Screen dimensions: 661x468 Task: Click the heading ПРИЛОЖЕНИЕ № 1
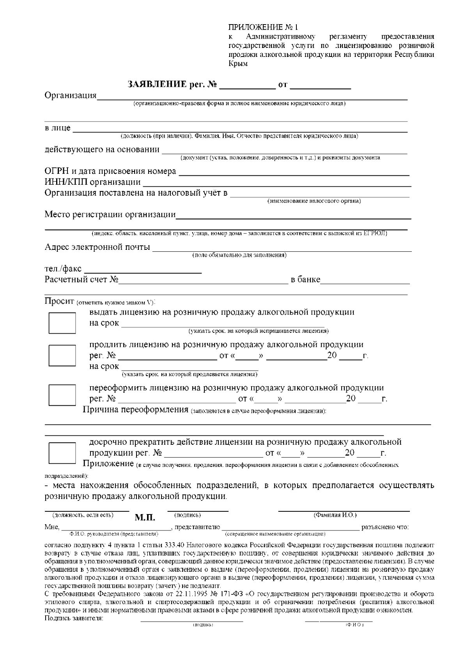point(262,27)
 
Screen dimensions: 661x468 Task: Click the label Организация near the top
point(71,95)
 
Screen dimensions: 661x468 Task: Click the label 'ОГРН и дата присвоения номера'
point(110,171)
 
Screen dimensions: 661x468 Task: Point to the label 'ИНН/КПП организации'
point(92,182)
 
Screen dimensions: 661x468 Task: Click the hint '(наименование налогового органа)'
point(314,201)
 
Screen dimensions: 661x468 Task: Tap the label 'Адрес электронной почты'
point(97,247)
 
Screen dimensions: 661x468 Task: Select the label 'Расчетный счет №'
point(82,280)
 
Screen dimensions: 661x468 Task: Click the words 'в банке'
point(305,280)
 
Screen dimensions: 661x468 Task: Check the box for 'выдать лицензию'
point(62,323)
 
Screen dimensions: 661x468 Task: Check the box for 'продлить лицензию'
point(62,355)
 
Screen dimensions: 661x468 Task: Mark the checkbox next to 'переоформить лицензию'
point(62,395)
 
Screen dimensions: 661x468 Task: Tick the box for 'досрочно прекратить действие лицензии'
point(62,452)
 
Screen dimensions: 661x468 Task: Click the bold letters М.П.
point(145,518)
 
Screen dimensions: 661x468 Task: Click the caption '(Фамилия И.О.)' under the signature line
point(335,515)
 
